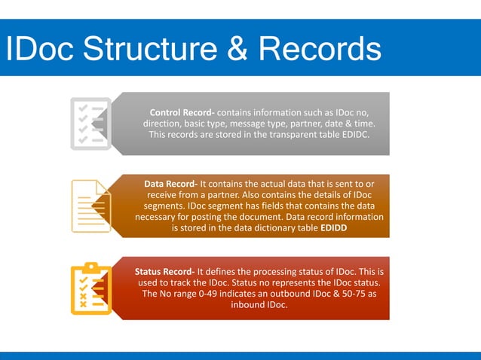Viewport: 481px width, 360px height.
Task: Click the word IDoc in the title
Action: coord(38,50)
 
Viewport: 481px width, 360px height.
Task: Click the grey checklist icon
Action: coord(90,122)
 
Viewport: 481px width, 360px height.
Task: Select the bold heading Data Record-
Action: coord(171,183)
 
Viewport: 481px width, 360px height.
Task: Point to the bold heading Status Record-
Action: coord(165,270)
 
